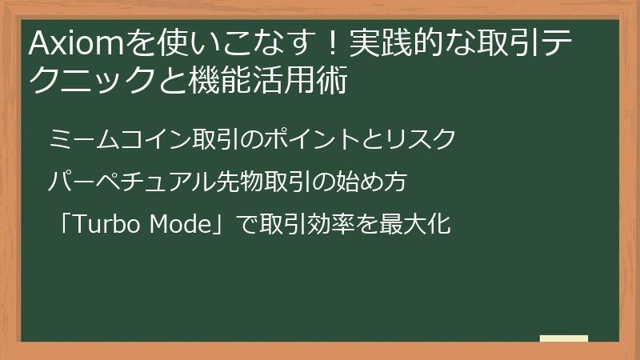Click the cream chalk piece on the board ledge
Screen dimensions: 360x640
coord(564,338)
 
